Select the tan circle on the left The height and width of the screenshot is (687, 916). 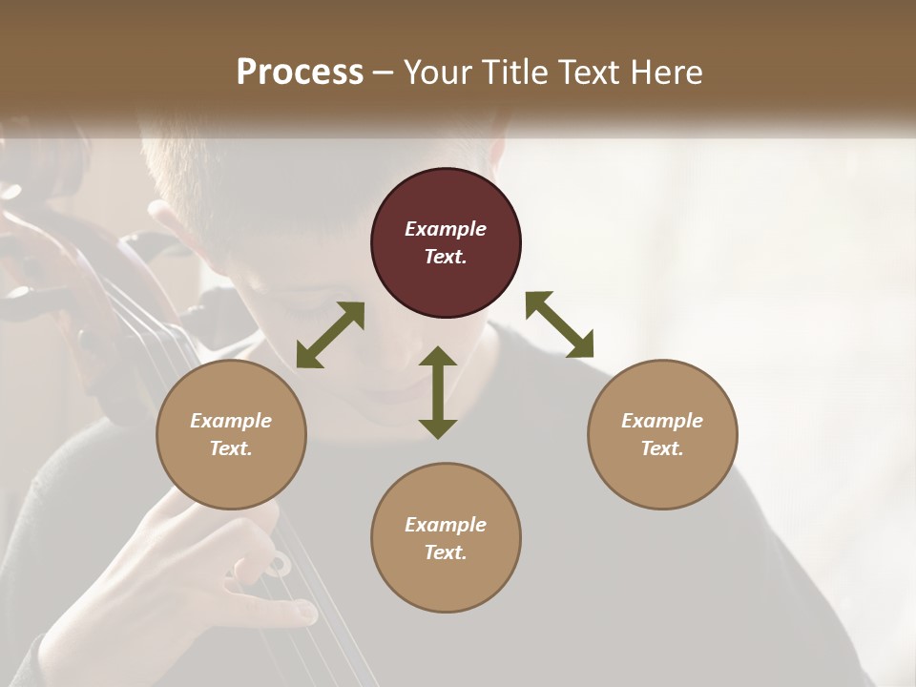(231, 434)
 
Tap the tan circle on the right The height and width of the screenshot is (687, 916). (662, 434)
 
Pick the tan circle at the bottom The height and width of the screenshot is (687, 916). (446, 537)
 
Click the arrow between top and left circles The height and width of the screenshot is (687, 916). (330, 335)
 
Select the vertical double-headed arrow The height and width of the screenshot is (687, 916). (438, 392)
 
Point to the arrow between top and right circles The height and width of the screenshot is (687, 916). (559, 324)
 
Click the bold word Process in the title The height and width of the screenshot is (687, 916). (300, 72)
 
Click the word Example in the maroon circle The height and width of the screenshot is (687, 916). (446, 229)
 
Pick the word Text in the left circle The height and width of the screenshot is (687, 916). (230, 448)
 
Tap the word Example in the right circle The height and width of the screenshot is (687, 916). (662, 421)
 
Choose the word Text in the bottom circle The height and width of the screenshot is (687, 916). (445, 552)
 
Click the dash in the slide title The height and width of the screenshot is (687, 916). (384, 73)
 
